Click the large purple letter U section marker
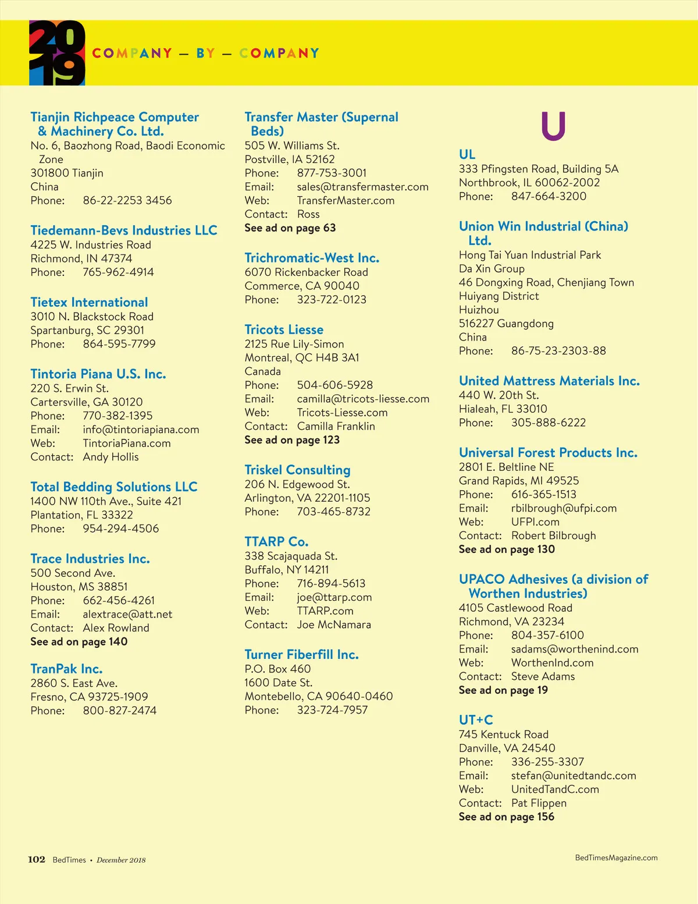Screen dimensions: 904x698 point(553,126)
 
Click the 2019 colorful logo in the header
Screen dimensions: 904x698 point(57,53)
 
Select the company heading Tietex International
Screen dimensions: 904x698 point(89,302)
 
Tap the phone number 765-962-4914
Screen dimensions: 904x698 point(118,272)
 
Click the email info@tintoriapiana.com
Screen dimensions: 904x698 point(141,430)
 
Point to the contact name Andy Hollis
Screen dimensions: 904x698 point(111,457)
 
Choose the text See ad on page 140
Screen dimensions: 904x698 point(79,641)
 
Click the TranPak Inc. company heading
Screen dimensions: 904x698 point(66,669)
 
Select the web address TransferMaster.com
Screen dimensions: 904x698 point(346,200)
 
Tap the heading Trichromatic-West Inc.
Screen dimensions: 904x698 point(312,258)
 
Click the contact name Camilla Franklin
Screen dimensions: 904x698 point(336,426)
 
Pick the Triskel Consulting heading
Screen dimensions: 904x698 point(297,470)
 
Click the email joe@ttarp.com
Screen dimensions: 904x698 point(334,597)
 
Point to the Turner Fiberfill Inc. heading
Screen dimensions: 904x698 point(301,654)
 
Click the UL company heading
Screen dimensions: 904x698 point(467,154)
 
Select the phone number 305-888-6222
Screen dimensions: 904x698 point(548,423)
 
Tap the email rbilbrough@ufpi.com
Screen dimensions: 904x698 point(564,508)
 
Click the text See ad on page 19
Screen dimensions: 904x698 point(503,690)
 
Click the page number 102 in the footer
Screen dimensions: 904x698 point(37,859)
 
